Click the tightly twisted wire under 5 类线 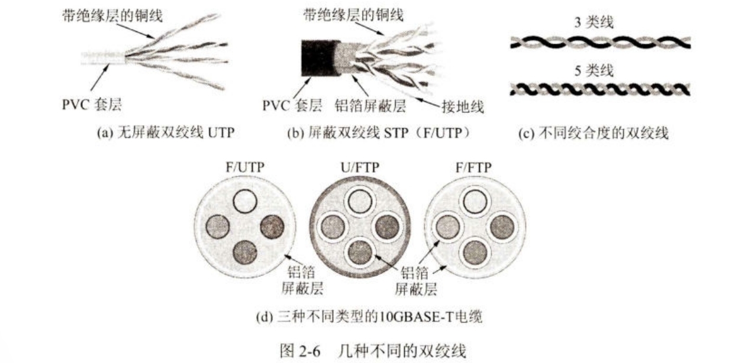600,90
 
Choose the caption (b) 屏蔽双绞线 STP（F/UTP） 379,134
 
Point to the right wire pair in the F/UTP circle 272,226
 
